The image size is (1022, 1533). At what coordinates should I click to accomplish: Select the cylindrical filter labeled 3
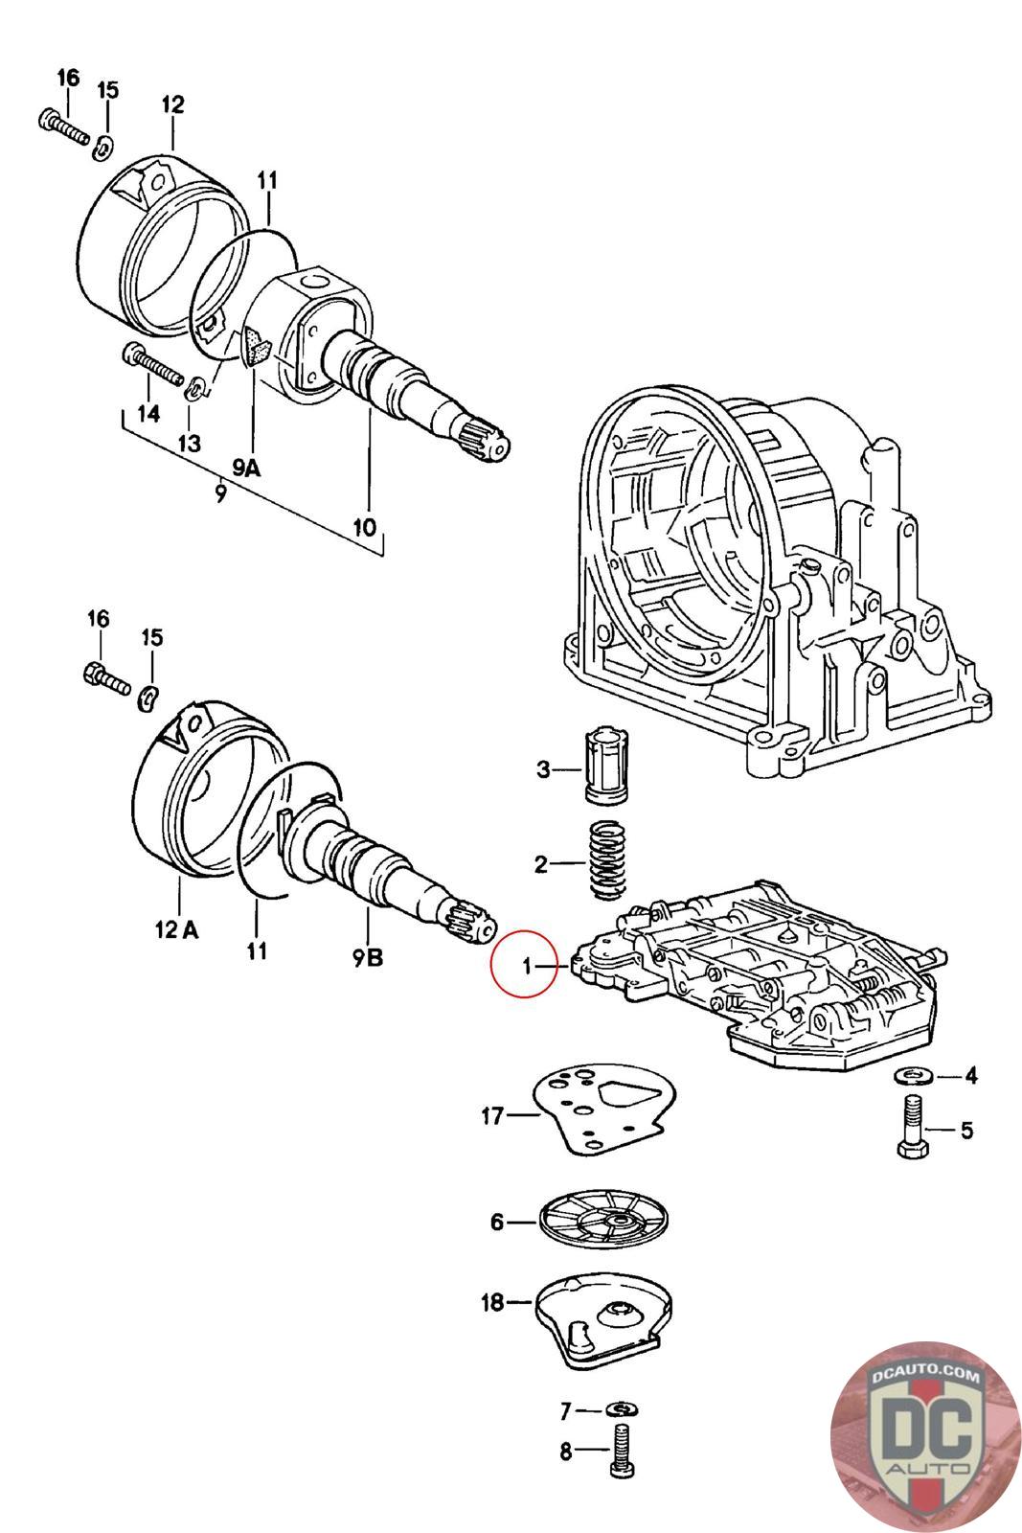point(605,766)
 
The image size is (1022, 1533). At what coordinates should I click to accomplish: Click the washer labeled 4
point(913,1077)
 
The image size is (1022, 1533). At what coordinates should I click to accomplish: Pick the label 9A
point(247,468)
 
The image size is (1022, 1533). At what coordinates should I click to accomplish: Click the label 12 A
point(176,929)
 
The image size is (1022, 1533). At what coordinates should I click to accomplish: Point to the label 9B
point(368,957)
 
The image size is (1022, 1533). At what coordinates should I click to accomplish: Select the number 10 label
point(365,527)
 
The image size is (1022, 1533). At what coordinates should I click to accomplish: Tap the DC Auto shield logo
point(925,1438)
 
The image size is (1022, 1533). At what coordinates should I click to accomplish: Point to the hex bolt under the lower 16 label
point(106,679)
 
